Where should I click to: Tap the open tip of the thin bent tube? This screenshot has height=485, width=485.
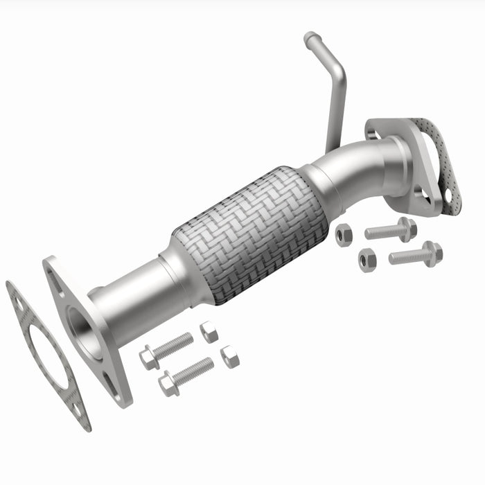point(310,37)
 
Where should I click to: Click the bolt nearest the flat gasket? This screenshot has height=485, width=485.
point(166,349)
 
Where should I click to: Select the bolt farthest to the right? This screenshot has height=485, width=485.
point(416,254)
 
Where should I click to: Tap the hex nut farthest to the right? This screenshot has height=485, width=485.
point(367,259)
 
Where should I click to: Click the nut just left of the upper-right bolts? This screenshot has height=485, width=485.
point(344,235)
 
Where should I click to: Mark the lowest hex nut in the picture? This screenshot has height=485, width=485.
point(229,357)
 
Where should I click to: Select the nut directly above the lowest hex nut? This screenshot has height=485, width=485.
point(209,332)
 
